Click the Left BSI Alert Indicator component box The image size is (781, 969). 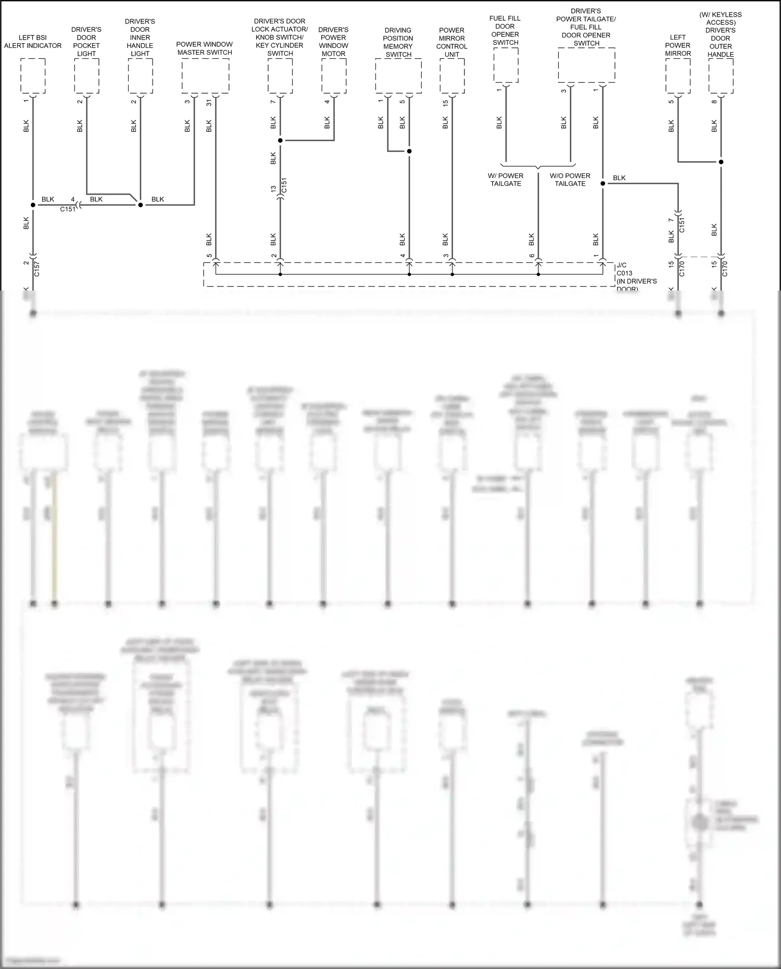pyautogui.click(x=33, y=76)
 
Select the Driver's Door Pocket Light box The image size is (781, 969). pyautogui.click(x=86, y=76)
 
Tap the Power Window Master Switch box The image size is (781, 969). pyautogui.click(x=205, y=76)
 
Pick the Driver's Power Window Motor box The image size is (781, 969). pyautogui.click(x=334, y=76)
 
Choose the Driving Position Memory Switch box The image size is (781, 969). pyautogui.click(x=398, y=76)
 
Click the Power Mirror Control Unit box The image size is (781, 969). pyautogui.click(x=452, y=76)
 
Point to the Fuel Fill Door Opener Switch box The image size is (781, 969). pyautogui.click(x=506, y=65)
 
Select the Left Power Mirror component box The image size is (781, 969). pyautogui.click(x=678, y=76)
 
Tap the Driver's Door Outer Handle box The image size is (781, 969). pyautogui.click(x=721, y=76)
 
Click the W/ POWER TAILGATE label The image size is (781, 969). pyautogui.click(x=506, y=180)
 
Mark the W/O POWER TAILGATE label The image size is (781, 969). pyautogui.click(x=570, y=180)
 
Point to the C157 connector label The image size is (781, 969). pyautogui.click(x=36, y=269)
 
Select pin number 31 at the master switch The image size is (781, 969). pyautogui.click(x=209, y=102)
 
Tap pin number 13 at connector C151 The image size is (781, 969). pyautogui.click(x=273, y=189)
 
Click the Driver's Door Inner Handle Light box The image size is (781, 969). pyautogui.click(x=140, y=76)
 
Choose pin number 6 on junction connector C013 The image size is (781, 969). pyautogui.click(x=532, y=256)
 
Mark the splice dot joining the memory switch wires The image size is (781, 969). pyautogui.click(x=409, y=152)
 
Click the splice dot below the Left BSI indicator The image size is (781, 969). pyautogui.click(x=33, y=205)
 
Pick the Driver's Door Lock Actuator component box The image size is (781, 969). pyautogui.click(x=280, y=76)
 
